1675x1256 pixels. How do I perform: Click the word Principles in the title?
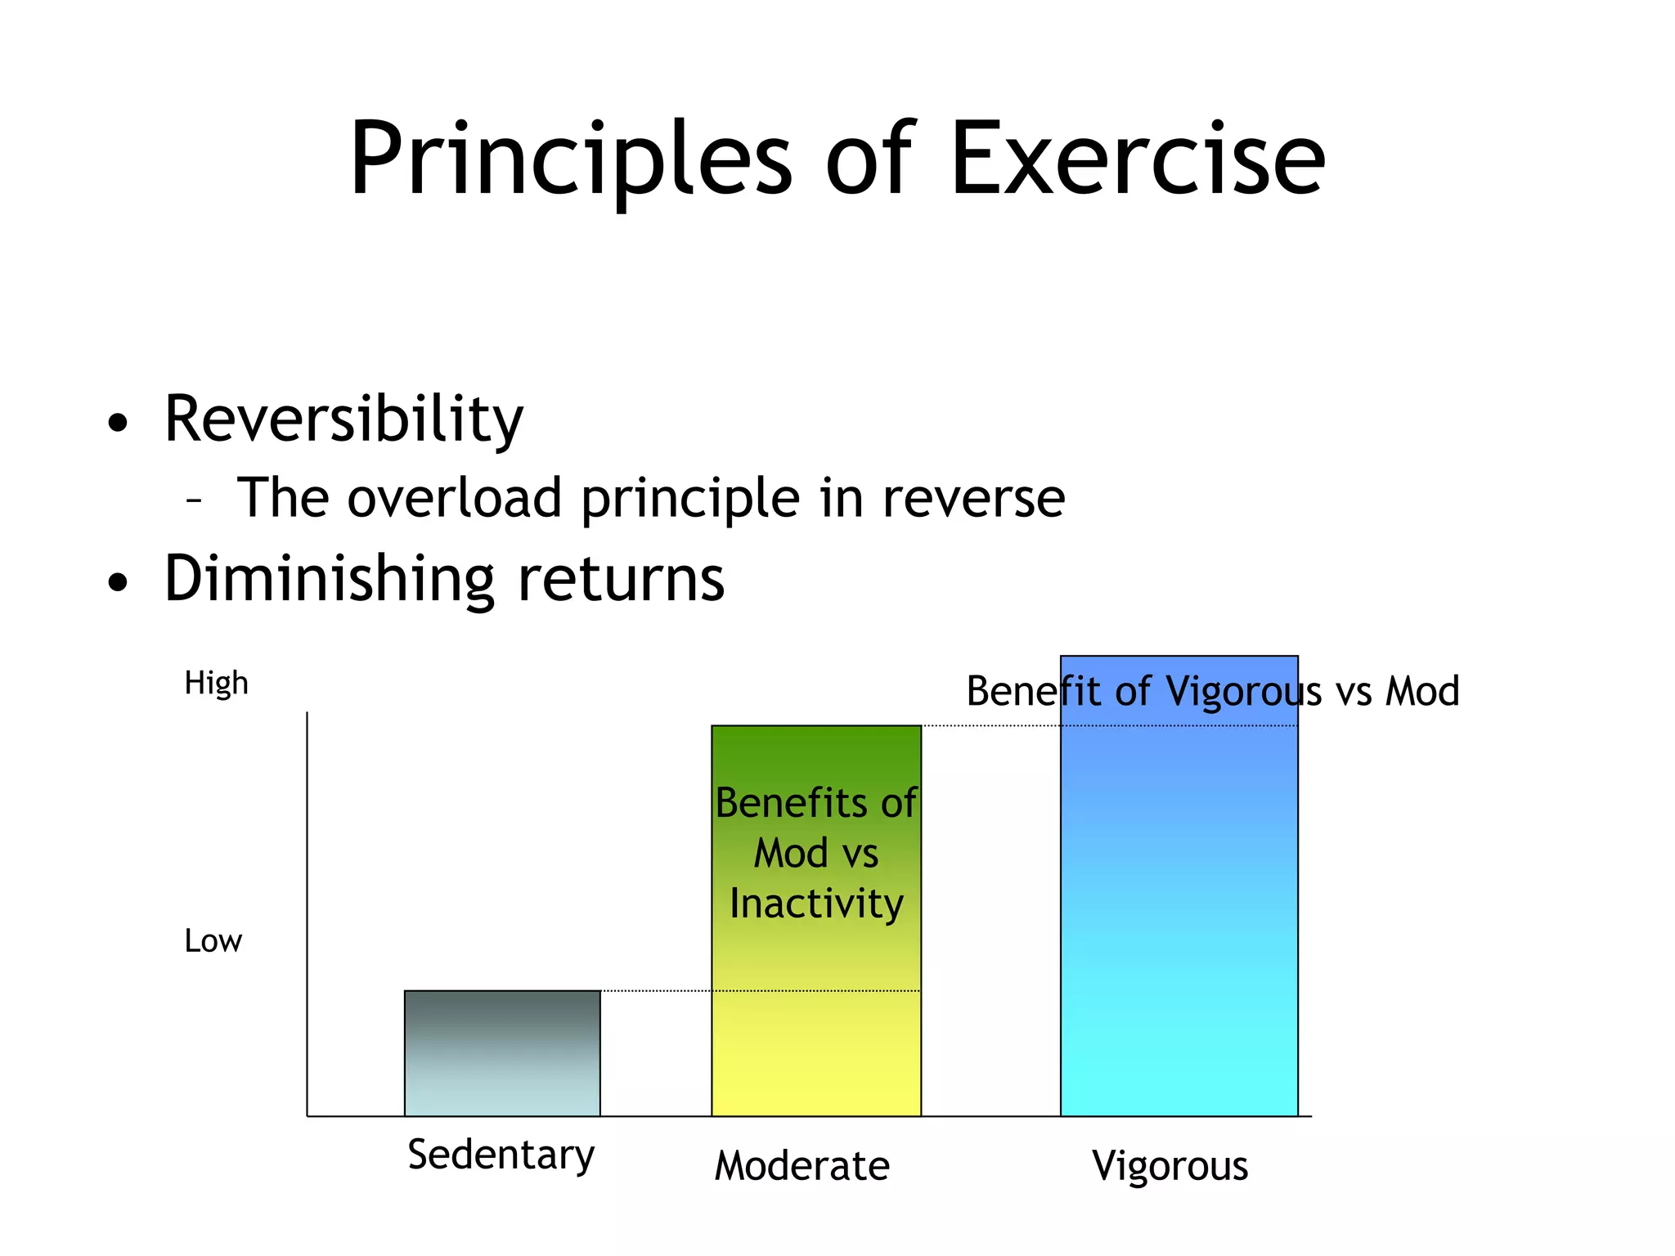pos(571,159)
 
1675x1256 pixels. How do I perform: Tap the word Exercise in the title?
pos(1136,159)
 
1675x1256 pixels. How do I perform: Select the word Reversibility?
pos(344,419)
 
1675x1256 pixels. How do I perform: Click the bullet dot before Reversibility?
pos(119,423)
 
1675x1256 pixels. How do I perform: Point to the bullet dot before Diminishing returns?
pos(119,582)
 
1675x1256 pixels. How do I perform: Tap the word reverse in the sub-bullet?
pos(973,500)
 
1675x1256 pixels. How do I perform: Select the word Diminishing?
pos(329,579)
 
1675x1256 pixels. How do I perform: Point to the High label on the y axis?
pos(216,684)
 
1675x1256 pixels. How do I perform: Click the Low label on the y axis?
pos(213,941)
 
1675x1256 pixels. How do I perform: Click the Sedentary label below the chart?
pos(501,1155)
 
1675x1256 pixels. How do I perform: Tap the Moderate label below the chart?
pos(802,1166)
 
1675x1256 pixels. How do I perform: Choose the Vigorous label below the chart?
pos(1170,1166)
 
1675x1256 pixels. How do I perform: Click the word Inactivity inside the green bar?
pos(816,904)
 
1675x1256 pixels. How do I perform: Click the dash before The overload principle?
pos(194,498)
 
